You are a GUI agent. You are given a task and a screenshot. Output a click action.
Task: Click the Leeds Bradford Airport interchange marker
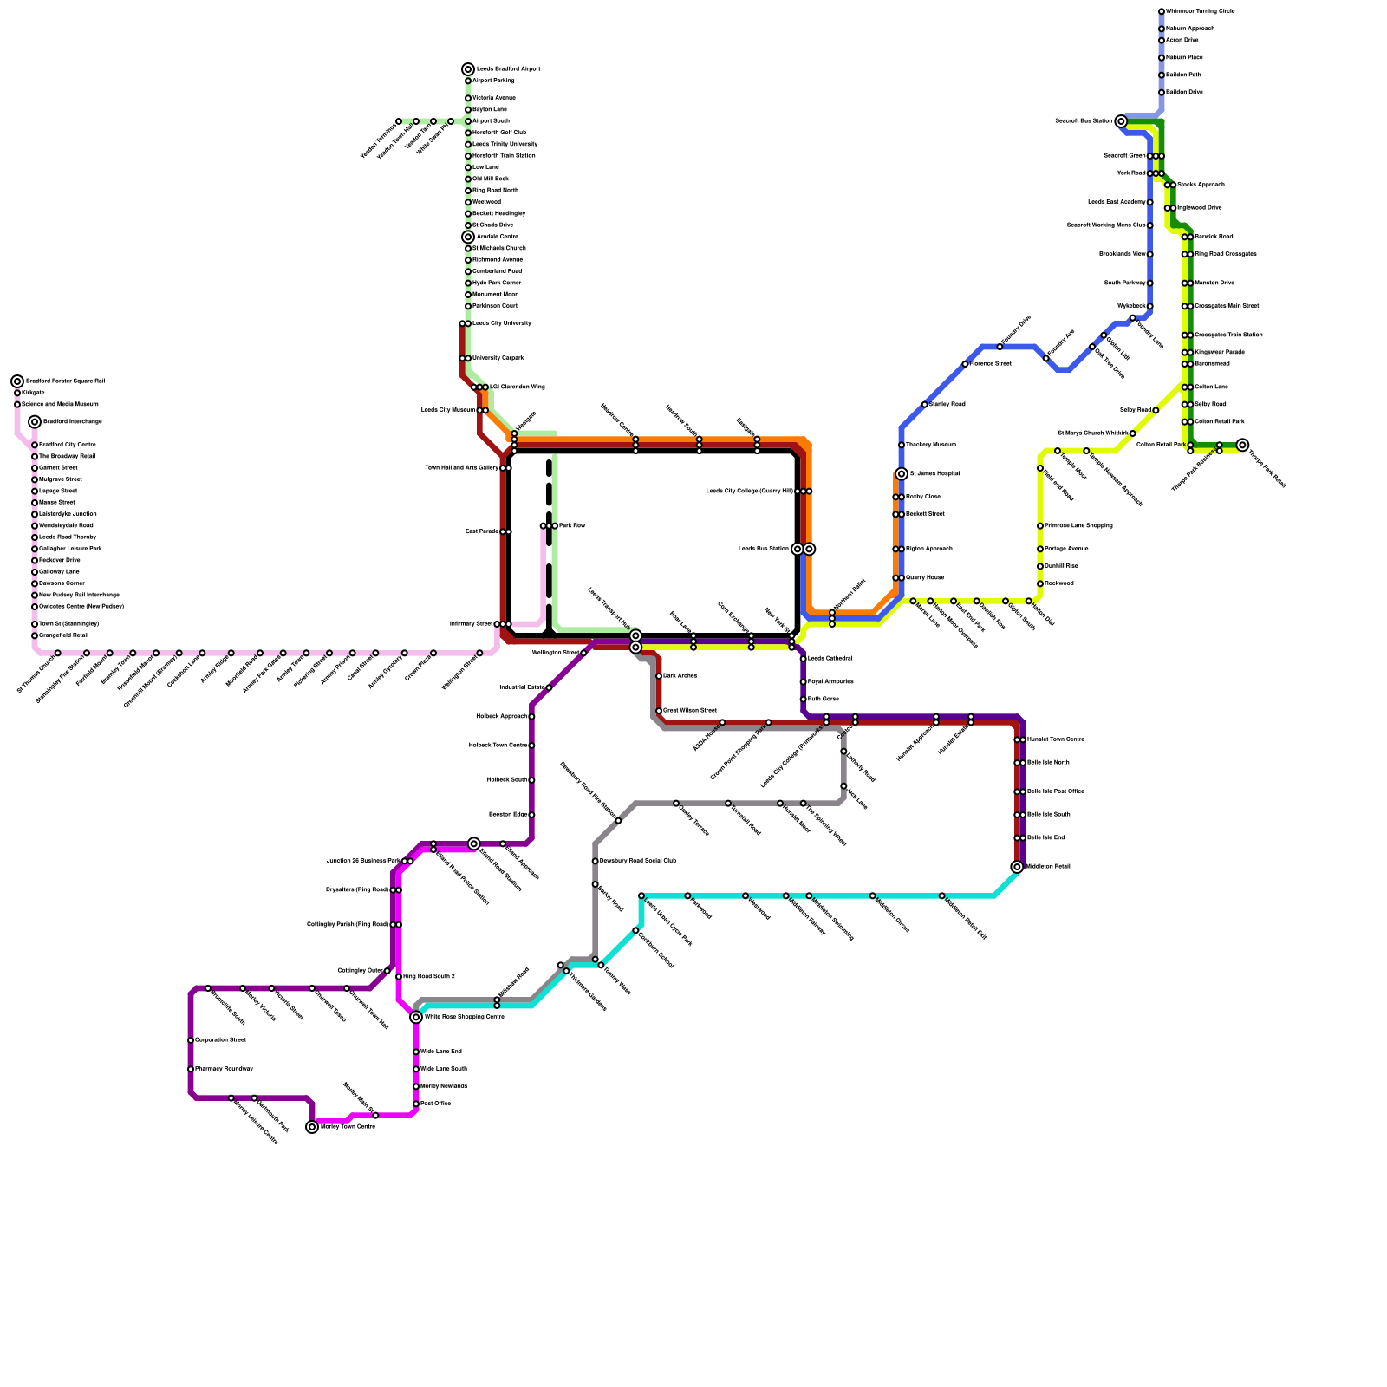[x=468, y=69]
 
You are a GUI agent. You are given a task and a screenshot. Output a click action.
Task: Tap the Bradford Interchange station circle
[x=35, y=422]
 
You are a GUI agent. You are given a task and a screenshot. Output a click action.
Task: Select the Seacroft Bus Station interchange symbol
[x=1120, y=121]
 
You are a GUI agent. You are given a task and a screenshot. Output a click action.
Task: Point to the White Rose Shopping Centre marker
[x=416, y=1017]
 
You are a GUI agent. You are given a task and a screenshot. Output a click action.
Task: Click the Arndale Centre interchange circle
[x=468, y=237]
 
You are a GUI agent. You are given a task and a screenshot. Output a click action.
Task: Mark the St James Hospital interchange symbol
[x=902, y=474]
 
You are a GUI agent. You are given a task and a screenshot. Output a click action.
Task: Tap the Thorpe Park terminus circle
[x=1242, y=445]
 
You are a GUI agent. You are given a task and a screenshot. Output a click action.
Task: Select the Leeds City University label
[x=501, y=323]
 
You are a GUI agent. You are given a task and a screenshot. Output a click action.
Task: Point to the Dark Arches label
[x=680, y=676]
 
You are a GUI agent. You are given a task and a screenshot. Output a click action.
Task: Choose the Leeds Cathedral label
[x=830, y=659]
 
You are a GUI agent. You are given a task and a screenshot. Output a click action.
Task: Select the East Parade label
[x=481, y=531]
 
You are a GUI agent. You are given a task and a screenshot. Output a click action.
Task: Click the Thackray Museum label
[x=930, y=445]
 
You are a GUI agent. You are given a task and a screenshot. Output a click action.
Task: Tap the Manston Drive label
[x=1213, y=283]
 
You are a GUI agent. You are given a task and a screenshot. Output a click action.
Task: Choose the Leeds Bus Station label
[x=764, y=549]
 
